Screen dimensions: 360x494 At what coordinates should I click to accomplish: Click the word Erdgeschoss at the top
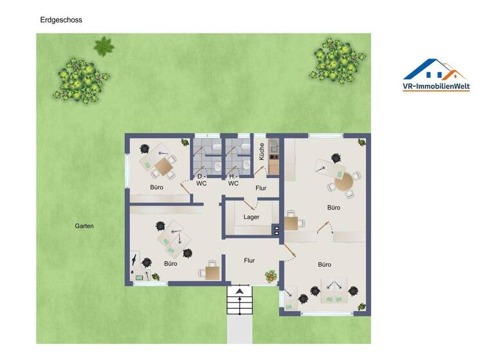[x=61, y=20]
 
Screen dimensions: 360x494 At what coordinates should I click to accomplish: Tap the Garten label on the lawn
[x=84, y=226]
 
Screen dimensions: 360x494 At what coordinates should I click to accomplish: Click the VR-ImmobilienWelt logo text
[x=435, y=85]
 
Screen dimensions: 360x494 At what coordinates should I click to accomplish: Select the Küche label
[x=262, y=152]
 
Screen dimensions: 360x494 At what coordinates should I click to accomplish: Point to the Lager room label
[x=252, y=217]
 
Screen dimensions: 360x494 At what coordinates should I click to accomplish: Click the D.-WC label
[x=201, y=179]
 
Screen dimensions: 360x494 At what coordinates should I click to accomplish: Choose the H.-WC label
[x=233, y=179]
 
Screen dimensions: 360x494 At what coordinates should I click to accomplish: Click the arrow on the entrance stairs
[x=239, y=292]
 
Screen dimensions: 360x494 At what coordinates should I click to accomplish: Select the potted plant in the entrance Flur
[x=270, y=277]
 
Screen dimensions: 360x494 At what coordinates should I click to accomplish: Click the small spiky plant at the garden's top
[x=104, y=46]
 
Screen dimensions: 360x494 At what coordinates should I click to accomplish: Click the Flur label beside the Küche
[x=261, y=188]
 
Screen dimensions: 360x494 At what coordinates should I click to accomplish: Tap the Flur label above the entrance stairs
[x=249, y=260]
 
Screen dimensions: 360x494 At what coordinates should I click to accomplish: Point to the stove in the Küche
[x=273, y=154]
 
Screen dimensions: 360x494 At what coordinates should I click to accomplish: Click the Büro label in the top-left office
[x=157, y=188]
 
